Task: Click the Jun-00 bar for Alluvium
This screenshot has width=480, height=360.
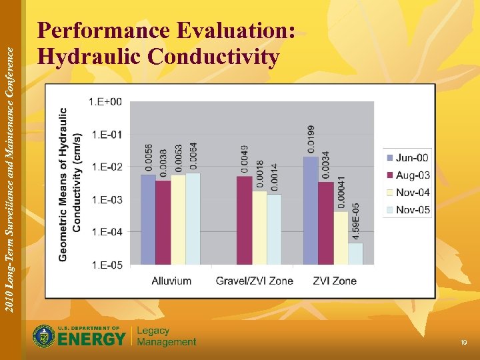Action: (x=148, y=219)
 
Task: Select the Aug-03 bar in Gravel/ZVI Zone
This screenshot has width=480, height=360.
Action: (x=245, y=220)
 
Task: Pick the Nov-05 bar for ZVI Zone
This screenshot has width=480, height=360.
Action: (x=355, y=253)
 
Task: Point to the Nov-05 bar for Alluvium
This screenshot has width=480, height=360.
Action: (x=193, y=219)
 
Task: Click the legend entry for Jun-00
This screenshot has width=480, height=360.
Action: (x=407, y=158)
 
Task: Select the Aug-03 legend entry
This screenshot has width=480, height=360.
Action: (x=407, y=175)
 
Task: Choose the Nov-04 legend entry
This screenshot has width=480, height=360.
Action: (x=407, y=193)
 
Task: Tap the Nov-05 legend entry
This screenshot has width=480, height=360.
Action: (x=407, y=210)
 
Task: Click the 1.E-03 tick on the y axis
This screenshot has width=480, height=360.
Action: (x=106, y=200)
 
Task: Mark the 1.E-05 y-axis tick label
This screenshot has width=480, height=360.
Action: (x=106, y=265)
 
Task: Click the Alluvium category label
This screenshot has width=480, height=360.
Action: (x=171, y=281)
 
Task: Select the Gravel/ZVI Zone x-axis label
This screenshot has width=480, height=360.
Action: (x=254, y=281)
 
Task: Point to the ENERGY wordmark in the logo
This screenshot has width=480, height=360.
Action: (x=92, y=339)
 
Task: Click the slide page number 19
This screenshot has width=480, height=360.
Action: (x=463, y=342)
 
